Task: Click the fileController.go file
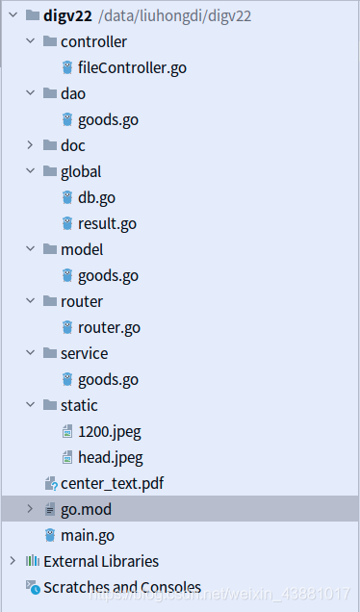tap(125, 67)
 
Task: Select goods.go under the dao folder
tap(108, 119)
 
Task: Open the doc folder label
tap(72, 145)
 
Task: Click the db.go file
tap(98, 197)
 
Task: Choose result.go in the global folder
tap(107, 223)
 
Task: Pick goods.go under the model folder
tap(108, 275)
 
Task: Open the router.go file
tap(109, 327)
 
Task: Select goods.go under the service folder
tap(108, 379)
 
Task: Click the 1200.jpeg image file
tap(109, 431)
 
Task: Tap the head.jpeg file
tap(110, 457)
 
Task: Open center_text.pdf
tap(112, 483)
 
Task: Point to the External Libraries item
tap(100, 561)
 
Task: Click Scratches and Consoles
tap(121, 587)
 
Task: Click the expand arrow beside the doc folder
tap(30, 145)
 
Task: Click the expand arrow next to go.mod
tap(30, 509)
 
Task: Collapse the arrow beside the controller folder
tap(30, 41)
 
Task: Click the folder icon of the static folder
tap(50, 405)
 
